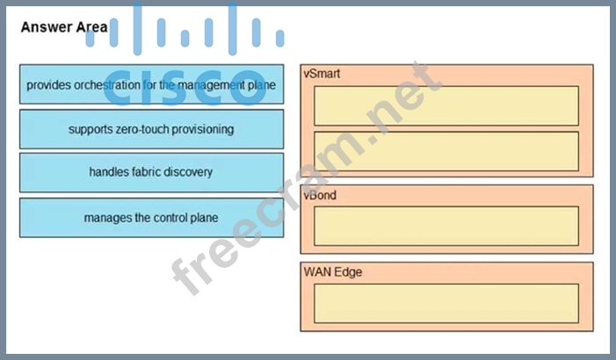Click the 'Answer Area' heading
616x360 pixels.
click(64, 27)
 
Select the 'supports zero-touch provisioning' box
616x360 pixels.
click(151, 129)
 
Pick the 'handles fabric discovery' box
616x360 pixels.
click(151, 172)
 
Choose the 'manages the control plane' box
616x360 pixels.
click(151, 217)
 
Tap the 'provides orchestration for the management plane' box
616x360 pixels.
click(151, 85)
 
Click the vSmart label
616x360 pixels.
click(322, 74)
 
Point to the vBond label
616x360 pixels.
click(321, 195)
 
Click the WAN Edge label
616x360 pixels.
click(333, 272)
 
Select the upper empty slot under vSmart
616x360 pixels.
click(446, 105)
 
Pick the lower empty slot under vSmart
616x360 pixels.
click(446, 151)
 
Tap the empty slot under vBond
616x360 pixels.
click(446, 226)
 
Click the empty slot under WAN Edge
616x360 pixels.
click(446, 303)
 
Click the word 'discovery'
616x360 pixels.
click(190, 172)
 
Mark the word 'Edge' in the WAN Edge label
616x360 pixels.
click(348, 272)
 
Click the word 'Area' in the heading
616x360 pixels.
click(92, 27)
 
